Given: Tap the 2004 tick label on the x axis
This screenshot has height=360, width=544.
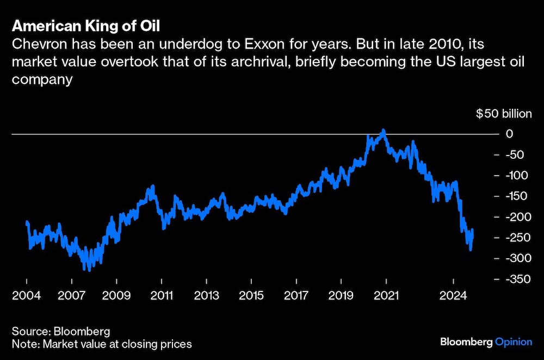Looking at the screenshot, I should point(27,295).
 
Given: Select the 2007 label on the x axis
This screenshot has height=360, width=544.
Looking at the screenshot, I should point(72,295).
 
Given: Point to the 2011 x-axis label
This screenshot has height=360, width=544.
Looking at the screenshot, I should point(162,295).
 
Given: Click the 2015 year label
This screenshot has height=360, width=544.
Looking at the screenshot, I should point(251,295).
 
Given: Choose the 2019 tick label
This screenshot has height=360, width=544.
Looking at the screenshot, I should point(341,295).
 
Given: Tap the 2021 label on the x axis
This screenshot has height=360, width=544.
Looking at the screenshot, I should point(386,295).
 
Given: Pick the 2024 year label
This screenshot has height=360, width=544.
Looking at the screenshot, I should point(453,295).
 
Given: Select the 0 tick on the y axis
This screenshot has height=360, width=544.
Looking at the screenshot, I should point(509,134).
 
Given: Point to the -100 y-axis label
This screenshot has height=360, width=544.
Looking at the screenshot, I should point(517,176).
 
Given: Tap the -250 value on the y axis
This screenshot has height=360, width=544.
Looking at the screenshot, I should point(517,238).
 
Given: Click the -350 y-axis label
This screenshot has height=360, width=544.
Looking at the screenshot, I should point(517,280).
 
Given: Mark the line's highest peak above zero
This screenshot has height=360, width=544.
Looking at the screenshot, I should point(384,131).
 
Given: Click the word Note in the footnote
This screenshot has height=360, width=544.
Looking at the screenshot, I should point(23,344).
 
